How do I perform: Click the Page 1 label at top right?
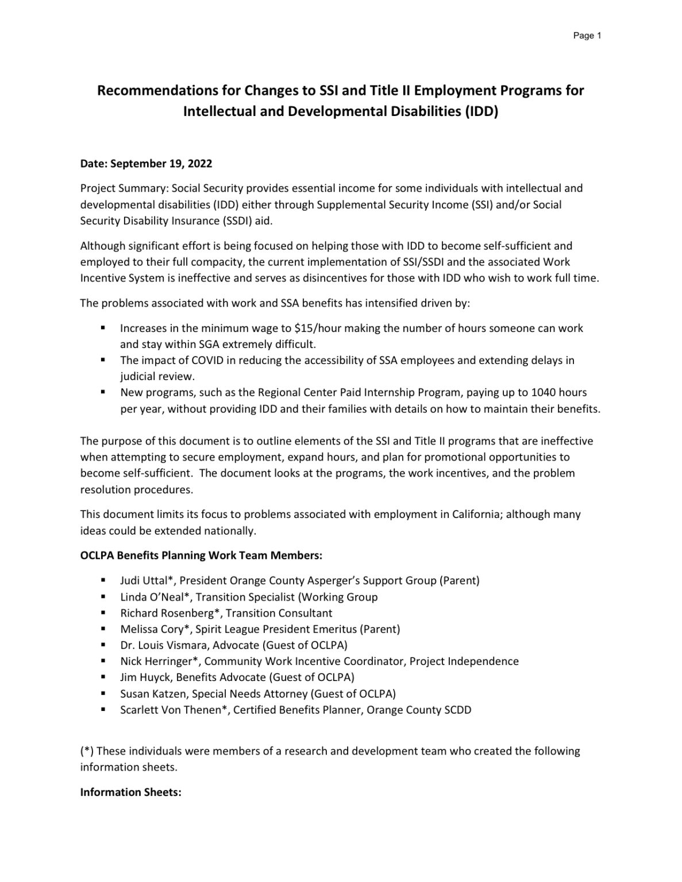(587, 36)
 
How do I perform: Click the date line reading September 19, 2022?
(146, 164)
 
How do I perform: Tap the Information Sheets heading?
(130, 792)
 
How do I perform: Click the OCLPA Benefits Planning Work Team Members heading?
(201, 556)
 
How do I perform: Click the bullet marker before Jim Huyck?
(103, 678)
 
